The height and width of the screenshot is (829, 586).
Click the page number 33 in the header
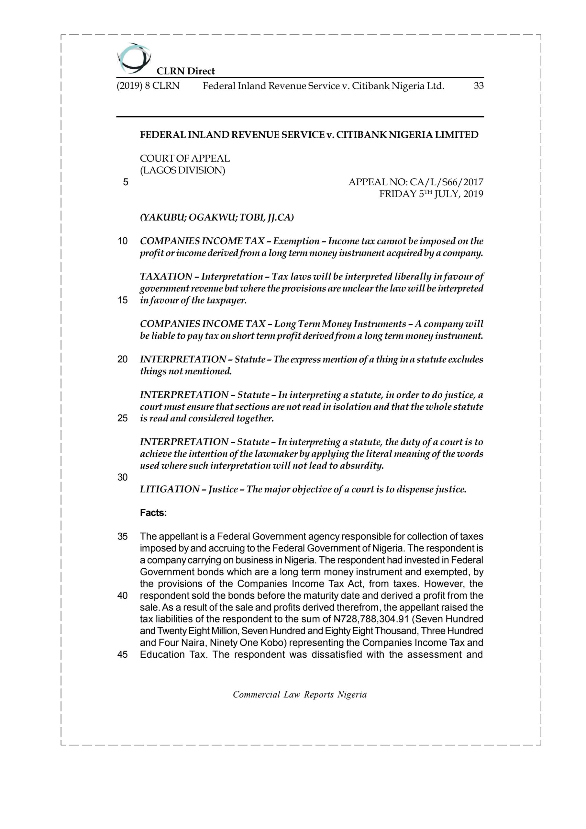[479, 86]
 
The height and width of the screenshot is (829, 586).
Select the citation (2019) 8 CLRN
[148, 86]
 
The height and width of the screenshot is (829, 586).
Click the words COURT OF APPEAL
[185, 158]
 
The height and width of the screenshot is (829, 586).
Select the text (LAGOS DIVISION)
[182, 170]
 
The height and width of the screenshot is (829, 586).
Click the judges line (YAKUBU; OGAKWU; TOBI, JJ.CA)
[216, 218]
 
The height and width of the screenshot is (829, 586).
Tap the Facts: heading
[153, 513]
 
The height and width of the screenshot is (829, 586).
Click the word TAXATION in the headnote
[166, 277]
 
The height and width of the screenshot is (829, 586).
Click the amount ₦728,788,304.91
[371, 619]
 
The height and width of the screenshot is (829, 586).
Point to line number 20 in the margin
[123, 359]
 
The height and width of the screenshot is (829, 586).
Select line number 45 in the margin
[123, 654]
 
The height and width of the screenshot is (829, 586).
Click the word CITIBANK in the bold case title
[361, 135]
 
